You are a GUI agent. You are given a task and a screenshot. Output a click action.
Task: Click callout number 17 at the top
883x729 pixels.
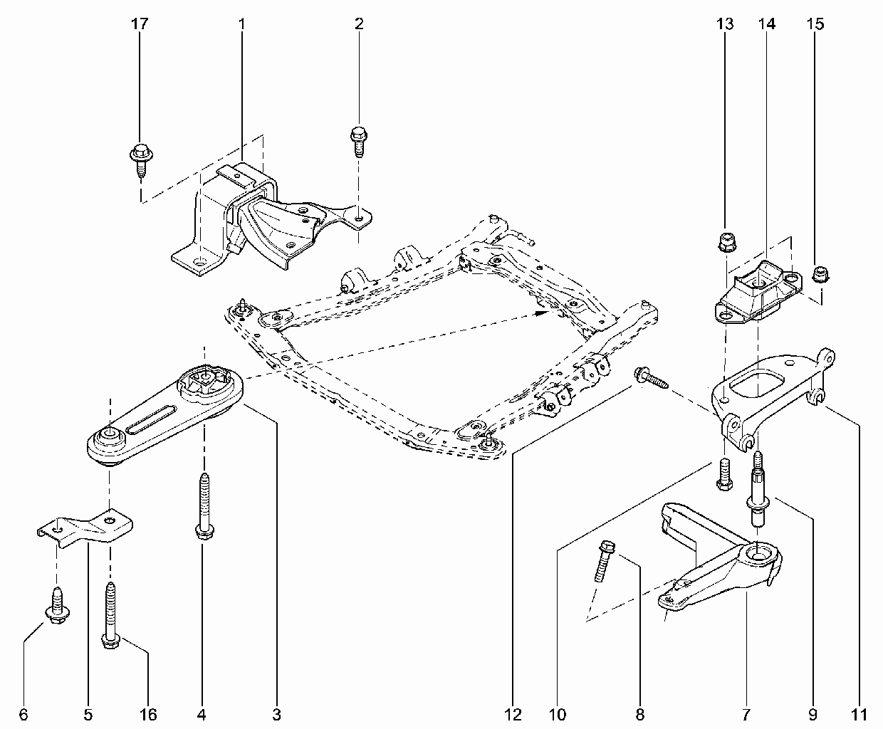[140, 23]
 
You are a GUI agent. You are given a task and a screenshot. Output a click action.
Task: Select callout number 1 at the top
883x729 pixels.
[242, 23]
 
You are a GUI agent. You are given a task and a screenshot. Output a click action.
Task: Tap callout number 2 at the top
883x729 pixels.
[359, 23]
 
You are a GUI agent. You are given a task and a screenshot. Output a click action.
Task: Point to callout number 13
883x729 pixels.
[725, 23]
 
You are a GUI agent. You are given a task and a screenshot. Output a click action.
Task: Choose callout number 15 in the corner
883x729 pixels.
[815, 23]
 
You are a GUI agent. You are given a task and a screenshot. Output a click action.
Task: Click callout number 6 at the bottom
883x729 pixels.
[23, 715]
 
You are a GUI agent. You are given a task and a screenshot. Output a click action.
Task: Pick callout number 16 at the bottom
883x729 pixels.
[148, 715]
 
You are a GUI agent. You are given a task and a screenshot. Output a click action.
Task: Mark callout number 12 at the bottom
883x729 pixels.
[513, 715]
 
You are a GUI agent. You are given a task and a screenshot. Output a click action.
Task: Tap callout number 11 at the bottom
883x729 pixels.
[859, 715]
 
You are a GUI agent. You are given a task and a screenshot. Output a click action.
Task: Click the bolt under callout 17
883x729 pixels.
[141, 160]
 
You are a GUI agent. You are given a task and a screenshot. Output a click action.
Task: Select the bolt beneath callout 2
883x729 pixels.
[359, 142]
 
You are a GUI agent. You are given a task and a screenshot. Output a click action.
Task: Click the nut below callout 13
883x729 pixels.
[725, 242]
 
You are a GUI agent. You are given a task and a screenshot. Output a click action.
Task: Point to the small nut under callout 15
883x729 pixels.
[820, 274]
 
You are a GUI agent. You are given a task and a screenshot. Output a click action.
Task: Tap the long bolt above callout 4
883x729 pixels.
[204, 507]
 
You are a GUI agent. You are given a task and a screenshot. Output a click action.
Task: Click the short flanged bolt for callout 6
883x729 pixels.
[57, 606]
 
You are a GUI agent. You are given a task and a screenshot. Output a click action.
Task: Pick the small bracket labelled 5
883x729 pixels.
[85, 528]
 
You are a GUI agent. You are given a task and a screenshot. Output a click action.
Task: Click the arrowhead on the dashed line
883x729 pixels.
[542, 313]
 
